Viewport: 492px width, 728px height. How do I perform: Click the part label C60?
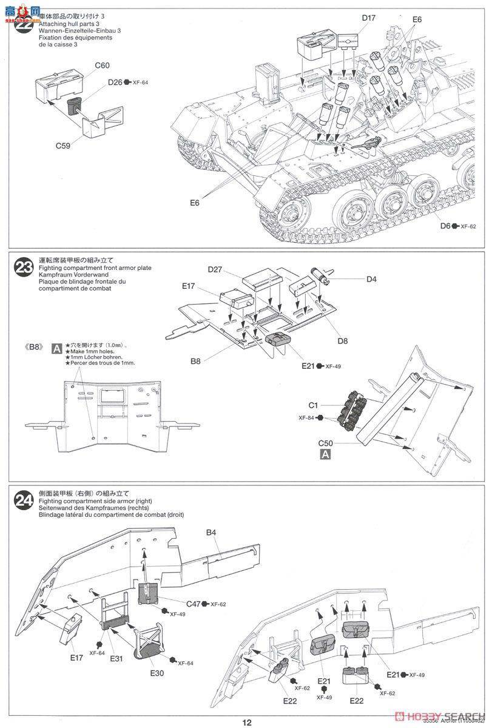[x=102, y=65]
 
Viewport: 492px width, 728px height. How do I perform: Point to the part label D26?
[x=115, y=83]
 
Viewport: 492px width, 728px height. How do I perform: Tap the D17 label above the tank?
[x=369, y=18]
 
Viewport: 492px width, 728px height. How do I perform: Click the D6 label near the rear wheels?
[x=446, y=226]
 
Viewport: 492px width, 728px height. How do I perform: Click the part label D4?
[x=371, y=280]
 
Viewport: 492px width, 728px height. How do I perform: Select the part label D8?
[x=343, y=341]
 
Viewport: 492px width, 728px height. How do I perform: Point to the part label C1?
[x=314, y=404]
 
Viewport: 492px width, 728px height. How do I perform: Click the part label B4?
[x=211, y=533]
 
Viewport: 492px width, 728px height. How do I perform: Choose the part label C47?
[x=194, y=604]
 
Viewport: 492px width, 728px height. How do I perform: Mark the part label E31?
[x=118, y=657]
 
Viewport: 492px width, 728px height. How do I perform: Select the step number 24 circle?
[x=25, y=500]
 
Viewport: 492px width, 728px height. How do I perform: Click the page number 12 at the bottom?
[x=246, y=722]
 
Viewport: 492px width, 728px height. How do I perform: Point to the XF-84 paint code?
[x=308, y=418]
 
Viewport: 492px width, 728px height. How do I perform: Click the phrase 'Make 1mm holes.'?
[x=92, y=351]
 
